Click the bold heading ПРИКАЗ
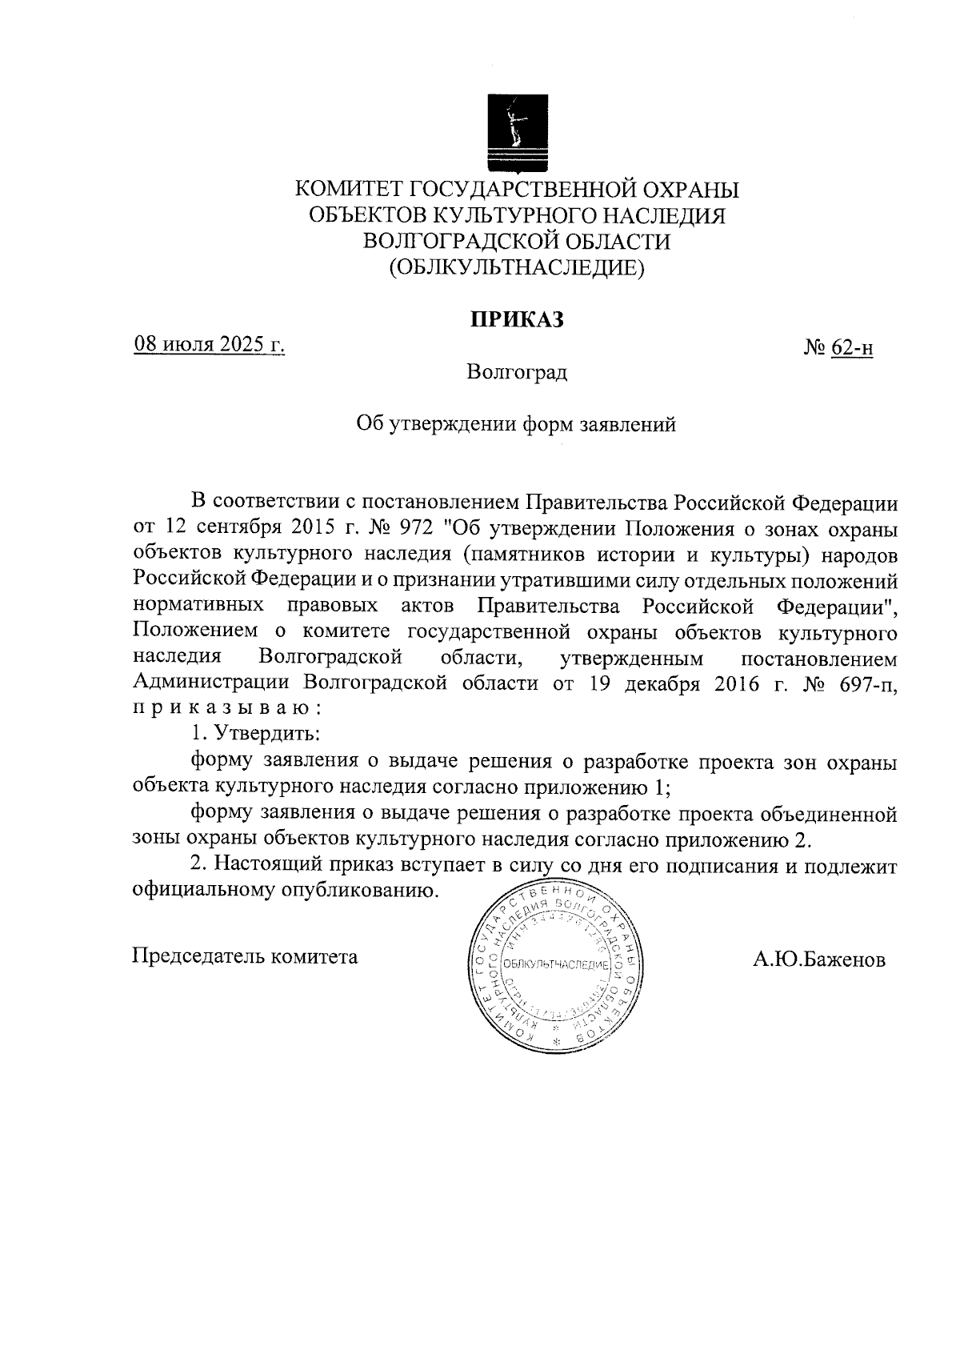(517, 320)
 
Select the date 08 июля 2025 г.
(209, 345)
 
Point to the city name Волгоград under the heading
(517, 372)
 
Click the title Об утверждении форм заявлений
(516, 424)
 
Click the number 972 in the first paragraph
(414, 529)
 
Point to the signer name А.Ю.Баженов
(818, 959)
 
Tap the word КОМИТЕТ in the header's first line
(349, 190)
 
